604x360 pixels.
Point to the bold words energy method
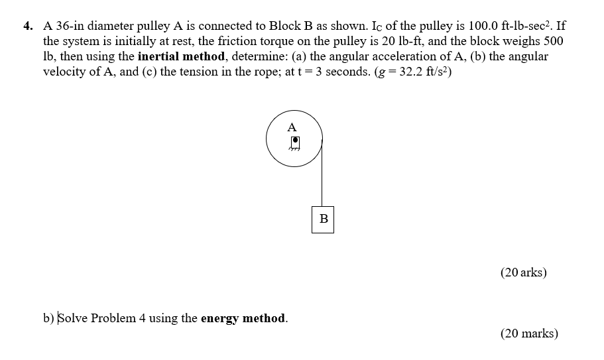click(244, 318)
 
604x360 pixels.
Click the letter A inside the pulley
click(292, 127)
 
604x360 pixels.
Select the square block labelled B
click(323, 219)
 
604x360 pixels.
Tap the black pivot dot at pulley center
click(296, 141)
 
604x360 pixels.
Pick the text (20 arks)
click(524, 272)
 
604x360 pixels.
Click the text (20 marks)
click(529, 333)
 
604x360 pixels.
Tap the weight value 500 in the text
click(553, 41)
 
